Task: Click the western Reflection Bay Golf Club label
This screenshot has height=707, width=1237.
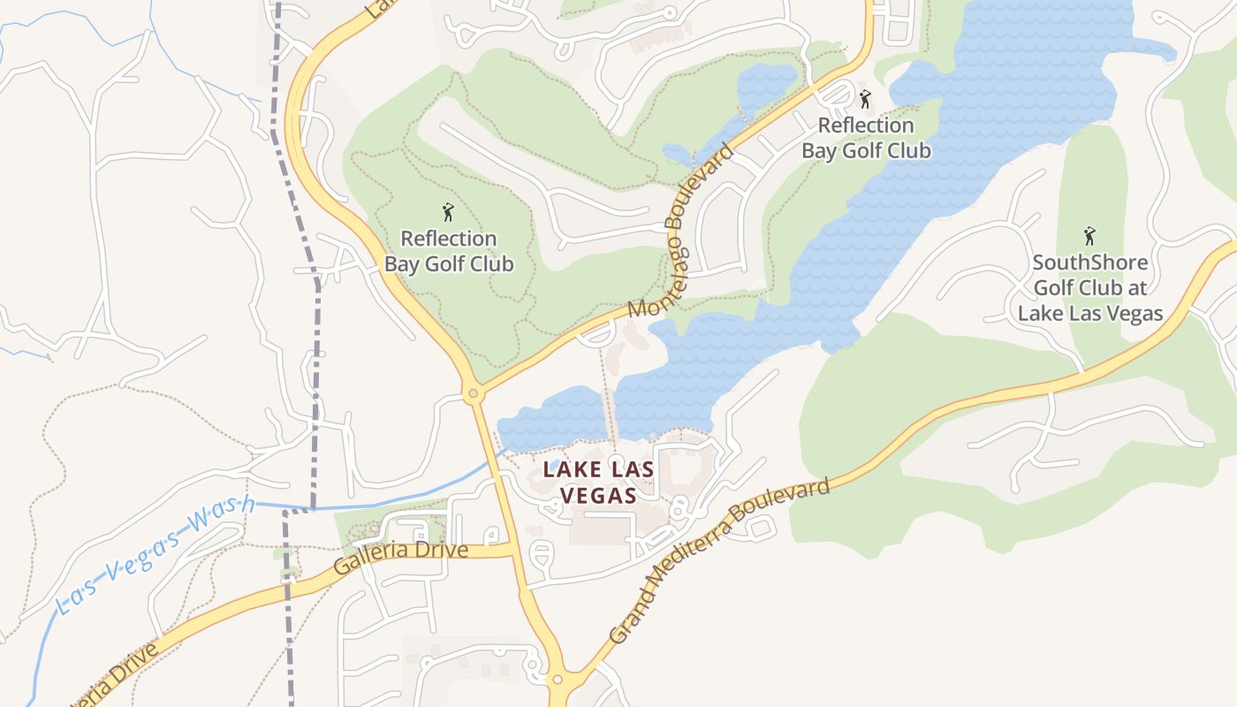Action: pos(449,251)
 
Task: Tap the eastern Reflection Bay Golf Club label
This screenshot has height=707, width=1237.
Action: pos(866,138)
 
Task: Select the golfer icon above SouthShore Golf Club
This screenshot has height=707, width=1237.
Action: pos(1089,237)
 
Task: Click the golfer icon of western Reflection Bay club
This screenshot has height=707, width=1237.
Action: pos(448,212)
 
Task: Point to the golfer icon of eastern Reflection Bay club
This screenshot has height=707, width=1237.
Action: pos(865,99)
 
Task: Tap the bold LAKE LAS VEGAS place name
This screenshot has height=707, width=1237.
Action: pos(599,483)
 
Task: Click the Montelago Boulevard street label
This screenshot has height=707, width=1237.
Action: pos(680,232)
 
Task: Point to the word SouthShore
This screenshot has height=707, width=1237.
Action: pos(1090,262)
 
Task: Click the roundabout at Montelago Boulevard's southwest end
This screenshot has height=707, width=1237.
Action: pos(474,393)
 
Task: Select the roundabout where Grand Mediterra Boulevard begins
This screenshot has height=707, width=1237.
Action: pos(558,680)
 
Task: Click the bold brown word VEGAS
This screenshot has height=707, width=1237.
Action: pos(599,495)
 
